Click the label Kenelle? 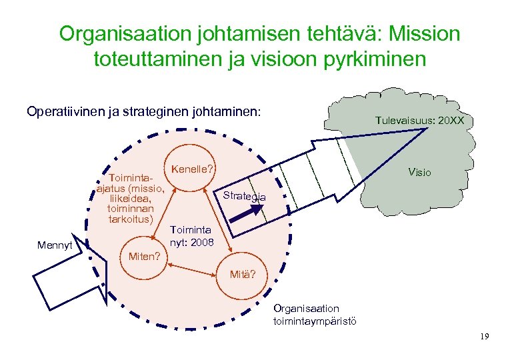192,169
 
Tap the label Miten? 143,256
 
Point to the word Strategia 244,196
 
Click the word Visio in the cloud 420,173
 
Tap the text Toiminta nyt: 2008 193,236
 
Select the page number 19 484,337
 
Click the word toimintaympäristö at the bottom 315,321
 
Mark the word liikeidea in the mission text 131,199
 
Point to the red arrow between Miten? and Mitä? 193,267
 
